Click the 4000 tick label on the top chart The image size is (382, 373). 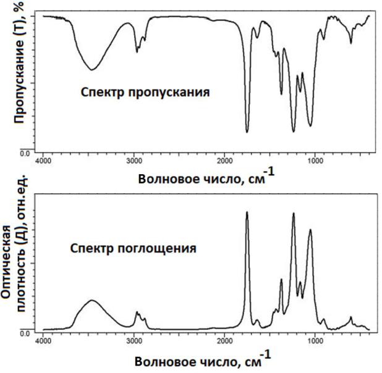point(43,161)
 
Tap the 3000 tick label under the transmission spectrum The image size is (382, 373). point(134,161)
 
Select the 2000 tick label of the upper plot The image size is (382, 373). point(224,161)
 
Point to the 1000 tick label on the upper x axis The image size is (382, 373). point(315,161)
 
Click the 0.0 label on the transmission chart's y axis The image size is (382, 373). point(25,153)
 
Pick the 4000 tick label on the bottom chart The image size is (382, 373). point(43,340)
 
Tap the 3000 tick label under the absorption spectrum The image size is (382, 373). point(134,340)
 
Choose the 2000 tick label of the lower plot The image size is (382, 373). point(224,340)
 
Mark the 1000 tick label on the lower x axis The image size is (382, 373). point(315,340)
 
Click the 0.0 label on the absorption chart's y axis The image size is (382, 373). point(25,333)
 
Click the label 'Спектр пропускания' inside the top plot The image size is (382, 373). point(145,93)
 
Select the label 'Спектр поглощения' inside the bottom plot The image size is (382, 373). point(134,249)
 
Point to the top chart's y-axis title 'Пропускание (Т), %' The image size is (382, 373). point(19,62)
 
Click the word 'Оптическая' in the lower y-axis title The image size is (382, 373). point(6,262)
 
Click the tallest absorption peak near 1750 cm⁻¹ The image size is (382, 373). point(247,212)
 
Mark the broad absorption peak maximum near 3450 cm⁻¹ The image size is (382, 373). point(92,300)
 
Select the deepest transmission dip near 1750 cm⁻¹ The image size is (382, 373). point(247,132)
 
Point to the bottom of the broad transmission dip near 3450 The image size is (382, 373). point(91,70)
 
